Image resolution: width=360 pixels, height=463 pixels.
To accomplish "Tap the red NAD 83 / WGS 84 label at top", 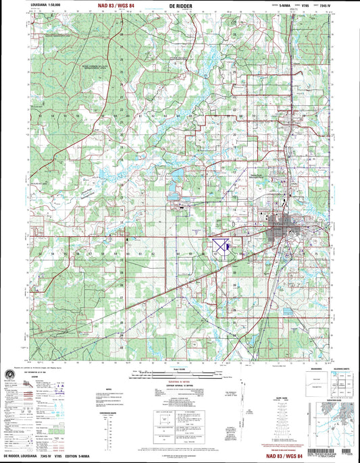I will pos(111,6).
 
